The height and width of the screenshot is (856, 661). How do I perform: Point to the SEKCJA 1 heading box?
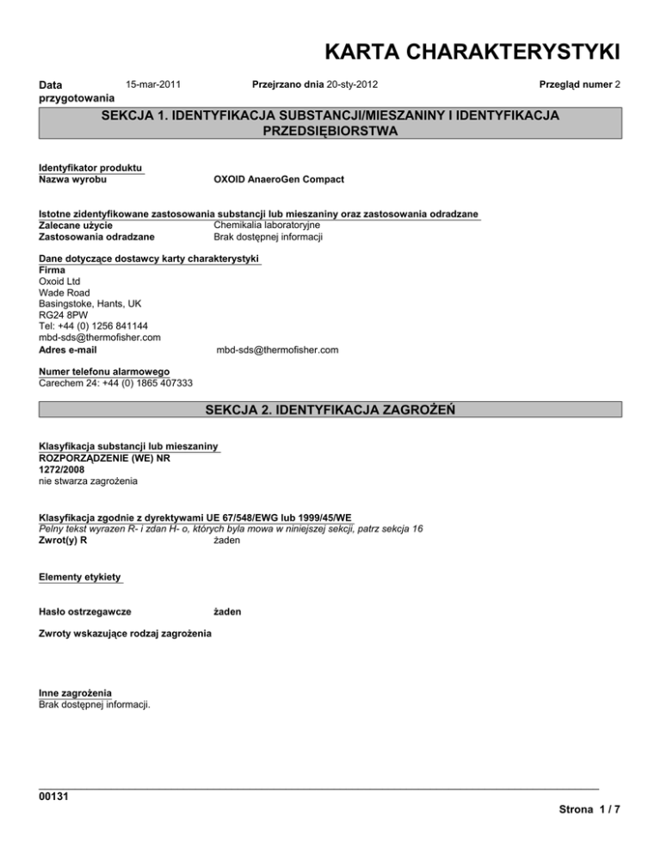pyautogui.click(x=330, y=123)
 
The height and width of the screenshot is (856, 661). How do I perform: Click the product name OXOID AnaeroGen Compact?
pyautogui.click(x=278, y=179)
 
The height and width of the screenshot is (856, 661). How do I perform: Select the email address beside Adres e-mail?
pyautogui.click(x=276, y=350)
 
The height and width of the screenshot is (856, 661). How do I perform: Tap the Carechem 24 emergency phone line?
pyautogui.click(x=115, y=383)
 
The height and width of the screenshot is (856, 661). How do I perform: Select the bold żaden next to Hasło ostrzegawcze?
pyautogui.click(x=226, y=611)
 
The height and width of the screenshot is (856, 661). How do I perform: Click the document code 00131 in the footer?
pyautogui.click(x=55, y=796)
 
